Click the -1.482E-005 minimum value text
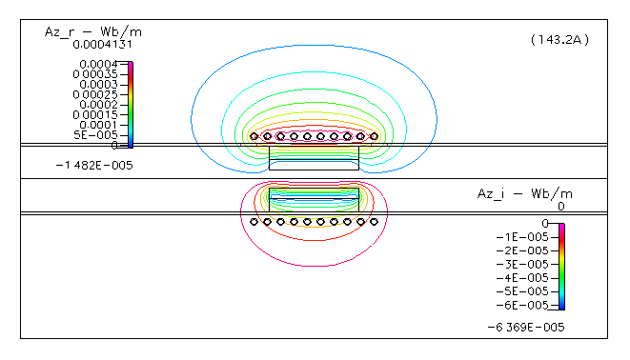(94, 165)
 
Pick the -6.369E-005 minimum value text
(526, 326)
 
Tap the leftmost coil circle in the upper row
(254, 136)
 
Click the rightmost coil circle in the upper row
(375, 136)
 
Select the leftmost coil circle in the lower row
(254, 222)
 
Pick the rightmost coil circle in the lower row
(375, 222)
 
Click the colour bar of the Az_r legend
(131, 105)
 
